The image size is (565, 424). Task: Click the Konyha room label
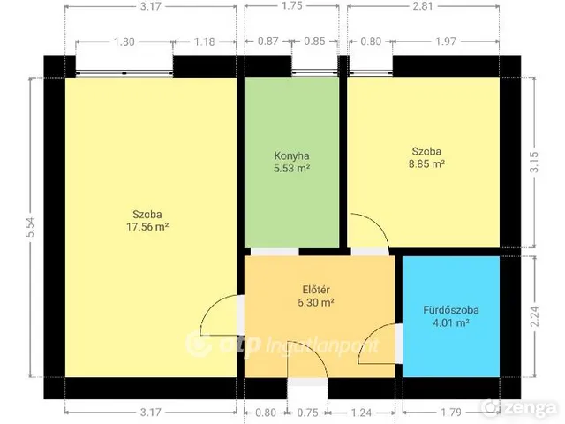[x=291, y=155]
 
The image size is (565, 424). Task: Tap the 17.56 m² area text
[x=147, y=227]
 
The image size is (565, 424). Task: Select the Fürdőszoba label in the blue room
[x=451, y=310]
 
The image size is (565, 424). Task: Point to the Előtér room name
[x=316, y=290]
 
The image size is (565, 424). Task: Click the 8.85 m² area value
[x=426, y=163]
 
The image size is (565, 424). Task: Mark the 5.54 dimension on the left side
[x=30, y=227]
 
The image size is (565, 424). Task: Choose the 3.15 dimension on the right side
[x=534, y=163]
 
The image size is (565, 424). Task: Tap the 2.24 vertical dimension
[x=534, y=316]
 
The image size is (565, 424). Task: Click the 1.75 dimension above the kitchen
[x=292, y=6]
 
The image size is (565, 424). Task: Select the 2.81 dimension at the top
[x=423, y=6]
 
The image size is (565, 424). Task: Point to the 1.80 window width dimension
[x=124, y=42]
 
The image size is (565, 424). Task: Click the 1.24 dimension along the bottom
[x=361, y=413]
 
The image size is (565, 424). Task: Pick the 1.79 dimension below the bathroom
[x=451, y=413]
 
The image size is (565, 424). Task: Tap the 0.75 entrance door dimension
[x=308, y=413]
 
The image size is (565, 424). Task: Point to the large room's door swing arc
[x=211, y=306]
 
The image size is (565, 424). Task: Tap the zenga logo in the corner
[x=520, y=407]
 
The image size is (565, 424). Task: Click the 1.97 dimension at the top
[x=446, y=42]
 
